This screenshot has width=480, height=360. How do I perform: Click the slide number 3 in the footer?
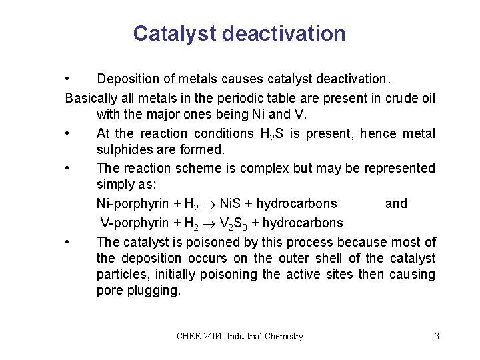click(x=437, y=337)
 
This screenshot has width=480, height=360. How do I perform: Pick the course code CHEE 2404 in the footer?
click(x=200, y=337)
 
